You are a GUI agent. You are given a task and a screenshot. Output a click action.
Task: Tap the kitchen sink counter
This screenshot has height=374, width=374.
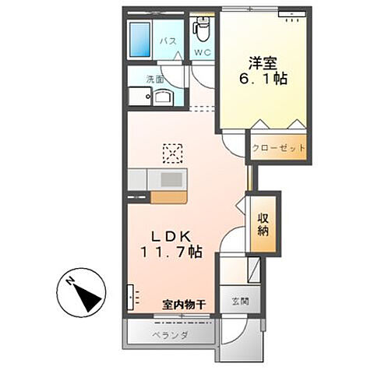pyautogui.click(x=167, y=178)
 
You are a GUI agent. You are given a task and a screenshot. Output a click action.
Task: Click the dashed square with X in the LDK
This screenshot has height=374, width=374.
pyautogui.click(x=171, y=150)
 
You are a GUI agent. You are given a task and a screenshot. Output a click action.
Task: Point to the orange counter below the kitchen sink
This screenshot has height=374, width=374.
pyautogui.click(x=168, y=197)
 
